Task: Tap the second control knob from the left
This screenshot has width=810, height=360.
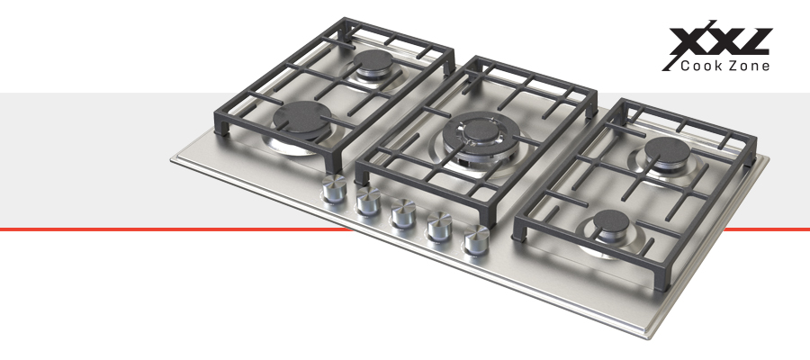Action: pos(368,201)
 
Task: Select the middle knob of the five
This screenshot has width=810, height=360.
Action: pos(403,212)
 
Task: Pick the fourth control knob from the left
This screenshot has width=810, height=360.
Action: pos(439,226)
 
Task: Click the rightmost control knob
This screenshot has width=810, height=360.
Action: pos(476,238)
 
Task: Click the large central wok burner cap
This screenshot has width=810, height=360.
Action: pos(481,131)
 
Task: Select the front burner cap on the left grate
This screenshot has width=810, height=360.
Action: pos(302,118)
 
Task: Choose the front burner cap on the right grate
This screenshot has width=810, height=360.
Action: pos(610,222)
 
